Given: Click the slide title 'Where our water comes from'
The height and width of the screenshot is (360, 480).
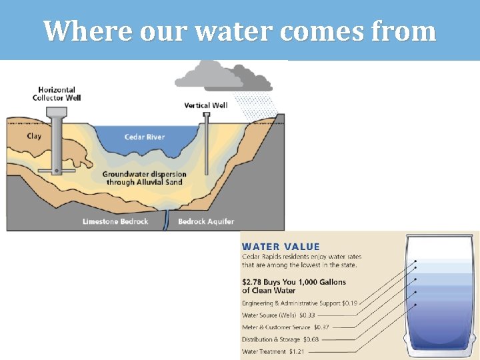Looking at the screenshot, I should click(240, 31).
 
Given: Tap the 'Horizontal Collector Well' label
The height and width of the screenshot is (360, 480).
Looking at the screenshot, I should click(57, 93).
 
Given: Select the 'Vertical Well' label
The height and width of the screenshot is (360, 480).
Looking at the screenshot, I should click(206, 105).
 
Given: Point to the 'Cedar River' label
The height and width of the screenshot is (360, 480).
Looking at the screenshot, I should click(145, 137).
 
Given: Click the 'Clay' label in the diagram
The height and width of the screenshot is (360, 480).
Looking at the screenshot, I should click(34, 136).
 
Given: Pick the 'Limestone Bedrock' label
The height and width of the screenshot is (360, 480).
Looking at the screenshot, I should click(115, 221).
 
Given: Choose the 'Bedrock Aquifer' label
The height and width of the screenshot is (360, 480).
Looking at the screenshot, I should click(206, 221).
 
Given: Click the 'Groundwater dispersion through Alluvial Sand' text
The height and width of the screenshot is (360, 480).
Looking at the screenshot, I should click(144, 178).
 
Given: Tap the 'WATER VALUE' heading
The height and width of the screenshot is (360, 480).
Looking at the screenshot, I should click(281, 247).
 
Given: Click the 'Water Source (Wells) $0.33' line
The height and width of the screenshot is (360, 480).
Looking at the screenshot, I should click(279, 315).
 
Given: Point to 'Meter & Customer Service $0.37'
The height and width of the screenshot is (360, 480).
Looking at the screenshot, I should click(285, 327).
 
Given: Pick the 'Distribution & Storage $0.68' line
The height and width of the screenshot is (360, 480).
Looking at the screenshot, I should click(280, 339).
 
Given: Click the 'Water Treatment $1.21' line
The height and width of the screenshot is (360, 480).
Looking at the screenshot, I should click(273, 351).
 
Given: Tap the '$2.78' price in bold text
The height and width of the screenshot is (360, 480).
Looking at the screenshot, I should click(253, 283).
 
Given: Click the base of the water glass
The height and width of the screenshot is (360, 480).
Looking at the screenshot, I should click(441, 353).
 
